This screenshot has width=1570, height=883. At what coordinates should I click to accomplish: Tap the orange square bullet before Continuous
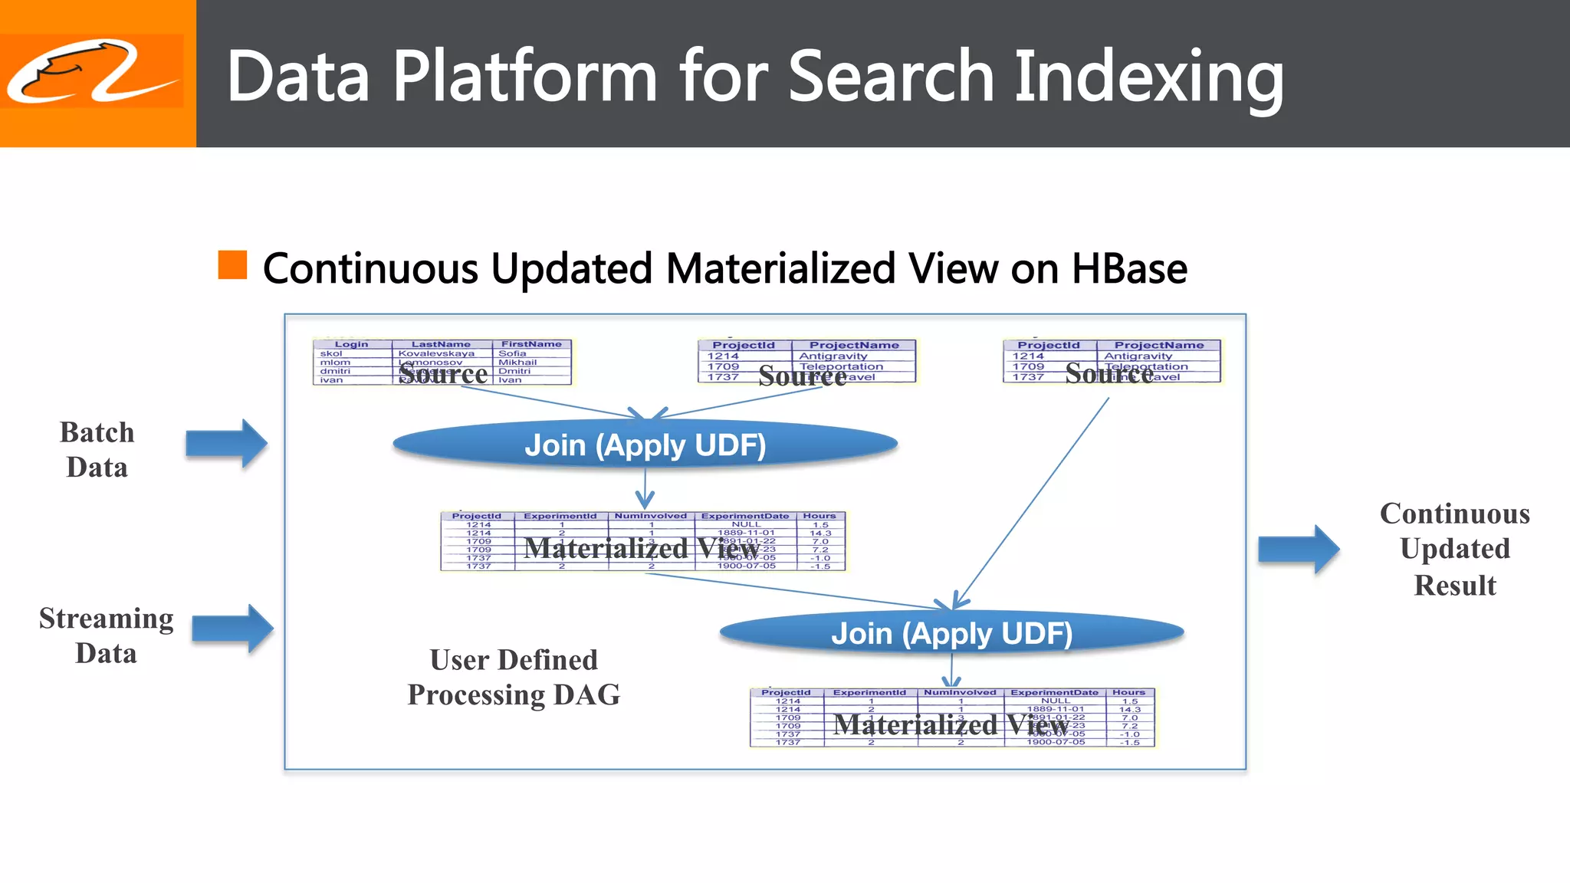(232, 265)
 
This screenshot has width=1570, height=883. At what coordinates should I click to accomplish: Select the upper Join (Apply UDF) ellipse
(645, 445)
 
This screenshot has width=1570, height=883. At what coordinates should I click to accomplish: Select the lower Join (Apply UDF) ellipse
(951, 633)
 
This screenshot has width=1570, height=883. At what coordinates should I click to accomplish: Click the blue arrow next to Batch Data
(227, 443)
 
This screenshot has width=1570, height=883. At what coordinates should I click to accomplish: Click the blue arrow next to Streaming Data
(232, 629)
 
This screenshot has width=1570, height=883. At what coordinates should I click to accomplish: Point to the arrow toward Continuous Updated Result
(1299, 549)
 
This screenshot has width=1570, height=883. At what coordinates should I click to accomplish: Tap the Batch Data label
(97, 450)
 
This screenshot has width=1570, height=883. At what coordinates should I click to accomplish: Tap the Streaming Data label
(106, 635)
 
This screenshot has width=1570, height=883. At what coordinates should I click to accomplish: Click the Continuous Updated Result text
(1454, 549)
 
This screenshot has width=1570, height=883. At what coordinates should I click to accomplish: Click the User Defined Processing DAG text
(514, 677)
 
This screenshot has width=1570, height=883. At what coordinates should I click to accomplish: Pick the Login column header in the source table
(351, 344)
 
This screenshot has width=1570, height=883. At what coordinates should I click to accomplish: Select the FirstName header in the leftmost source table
(531, 344)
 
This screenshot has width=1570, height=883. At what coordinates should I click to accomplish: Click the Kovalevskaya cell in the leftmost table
(436, 353)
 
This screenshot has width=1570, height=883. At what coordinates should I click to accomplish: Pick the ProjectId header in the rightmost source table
(1048, 345)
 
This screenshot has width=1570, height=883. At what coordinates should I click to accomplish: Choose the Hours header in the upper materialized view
(819, 516)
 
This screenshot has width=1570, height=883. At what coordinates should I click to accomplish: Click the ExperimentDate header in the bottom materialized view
(1054, 692)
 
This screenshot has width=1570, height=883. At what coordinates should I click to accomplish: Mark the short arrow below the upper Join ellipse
(645, 489)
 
